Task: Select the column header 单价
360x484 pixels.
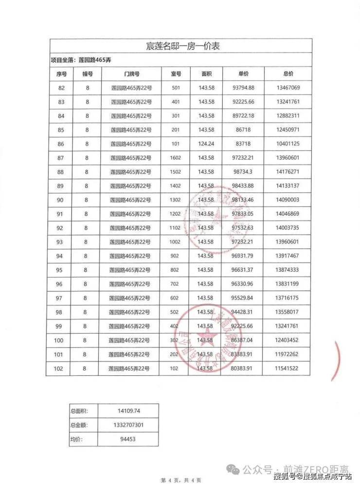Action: click(243, 74)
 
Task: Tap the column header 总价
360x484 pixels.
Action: click(288, 74)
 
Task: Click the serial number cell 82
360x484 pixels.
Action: click(61, 88)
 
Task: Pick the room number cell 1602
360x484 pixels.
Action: click(176, 158)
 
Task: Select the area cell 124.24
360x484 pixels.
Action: click(206, 144)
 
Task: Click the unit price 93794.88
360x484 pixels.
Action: click(243, 88)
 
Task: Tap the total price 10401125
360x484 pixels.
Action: click(288, 144)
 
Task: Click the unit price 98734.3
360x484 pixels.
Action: click(243, 172)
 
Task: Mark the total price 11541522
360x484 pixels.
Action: click(288, 369)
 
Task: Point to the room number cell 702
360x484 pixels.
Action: click(176, 284)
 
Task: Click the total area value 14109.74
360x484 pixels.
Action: click(131, 411)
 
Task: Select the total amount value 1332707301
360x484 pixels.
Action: click(131, 425)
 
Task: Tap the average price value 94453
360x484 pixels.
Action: click(131, 439)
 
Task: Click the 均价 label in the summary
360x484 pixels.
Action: click(77, 439)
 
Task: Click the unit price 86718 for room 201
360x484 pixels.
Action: click(243, 130)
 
